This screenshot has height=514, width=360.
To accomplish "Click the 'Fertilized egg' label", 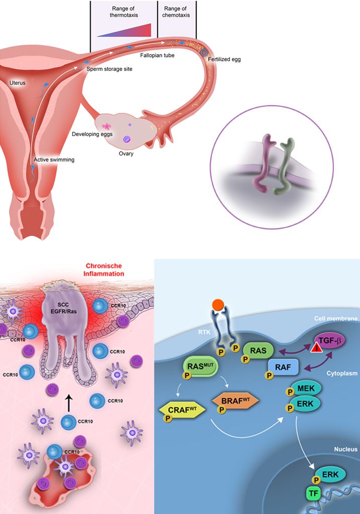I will click(x=224, y=59).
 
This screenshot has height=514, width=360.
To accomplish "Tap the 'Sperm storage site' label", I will click(x=109, y=69).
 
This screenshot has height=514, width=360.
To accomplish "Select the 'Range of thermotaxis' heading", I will click(x=124, y=12).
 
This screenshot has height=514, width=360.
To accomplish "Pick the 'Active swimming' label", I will click(x=54, y=160).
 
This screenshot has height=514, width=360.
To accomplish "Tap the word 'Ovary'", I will click(x=126, y=154).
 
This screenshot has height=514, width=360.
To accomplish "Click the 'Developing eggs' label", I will click(x=92, y=134).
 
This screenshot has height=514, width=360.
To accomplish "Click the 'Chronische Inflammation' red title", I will click(x=103, y=270).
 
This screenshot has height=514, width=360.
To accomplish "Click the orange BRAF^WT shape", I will click(x=235, y=400).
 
